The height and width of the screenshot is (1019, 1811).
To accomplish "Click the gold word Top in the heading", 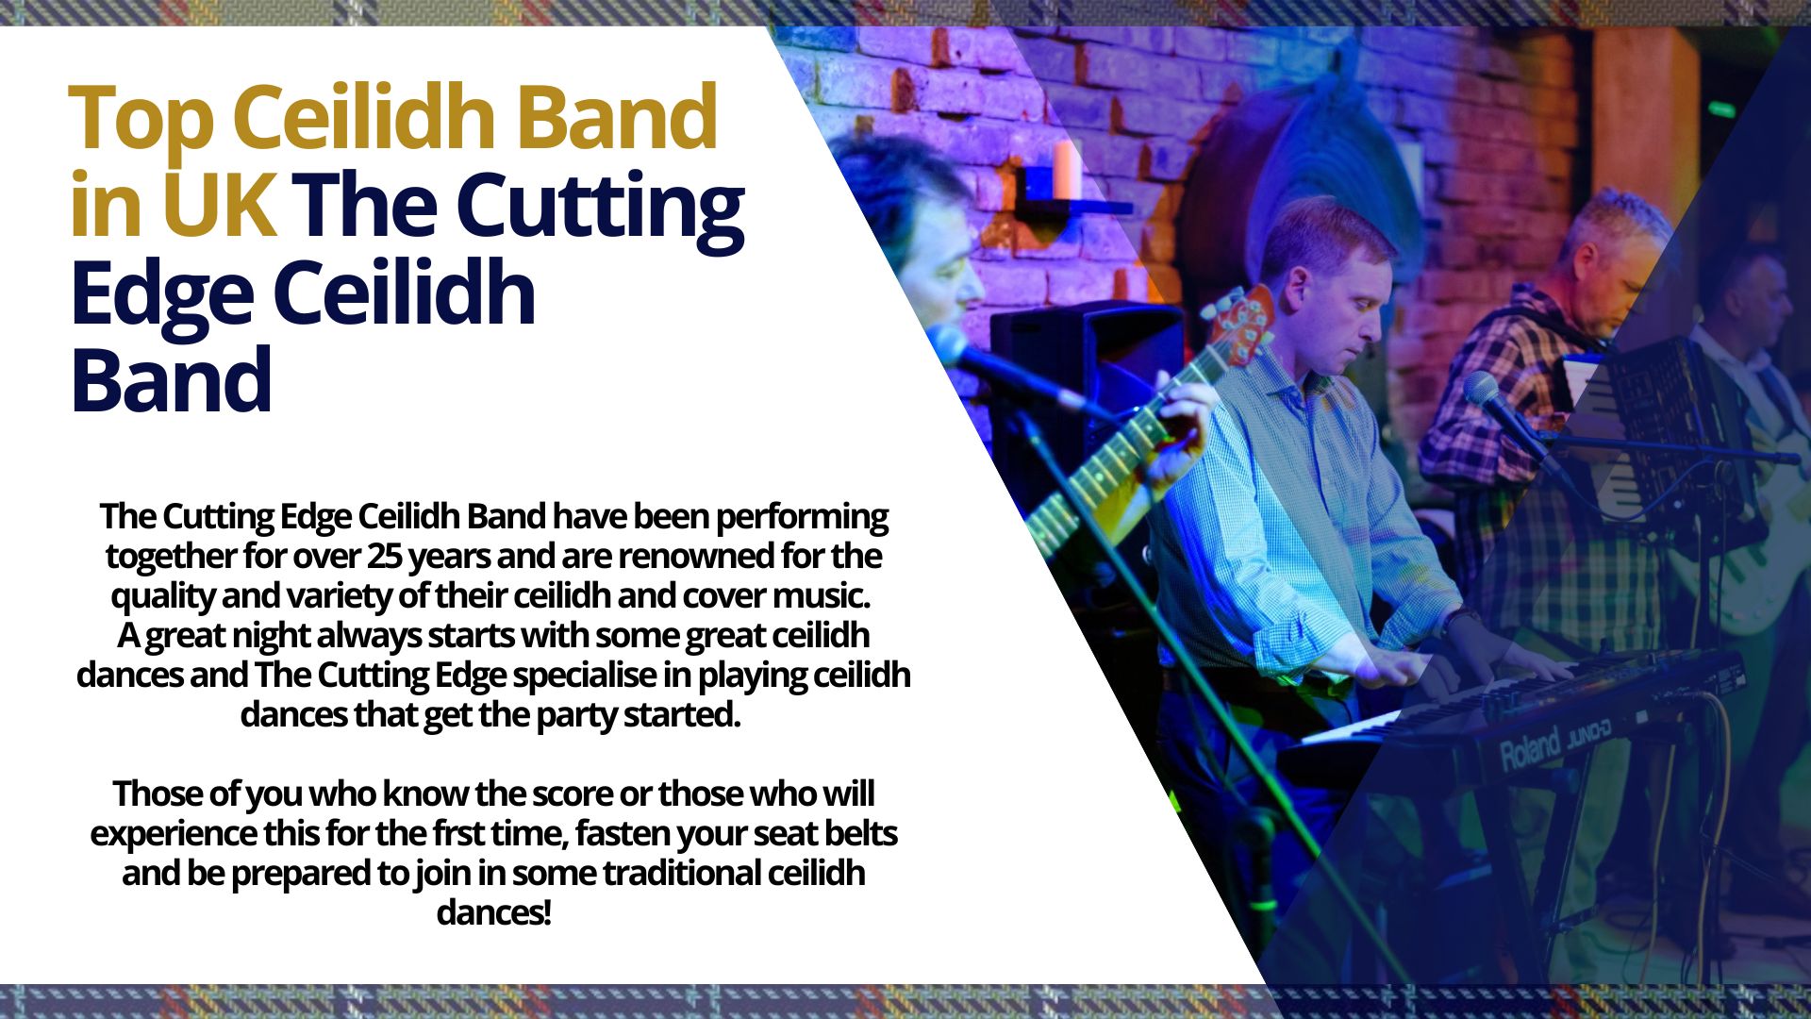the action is tap(142, 119).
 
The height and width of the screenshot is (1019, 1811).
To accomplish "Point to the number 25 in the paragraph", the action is tap(384, 556).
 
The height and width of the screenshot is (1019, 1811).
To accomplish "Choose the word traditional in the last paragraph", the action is tap(681, 874).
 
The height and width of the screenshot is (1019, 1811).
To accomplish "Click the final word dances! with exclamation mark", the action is tap(493, 913).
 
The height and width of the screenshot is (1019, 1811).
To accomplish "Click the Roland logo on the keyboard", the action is tap(1530, 750).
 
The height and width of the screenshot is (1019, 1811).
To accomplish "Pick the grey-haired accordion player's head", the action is tap(1613, 259).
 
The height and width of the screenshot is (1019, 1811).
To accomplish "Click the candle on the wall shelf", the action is tap(1067, 170).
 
